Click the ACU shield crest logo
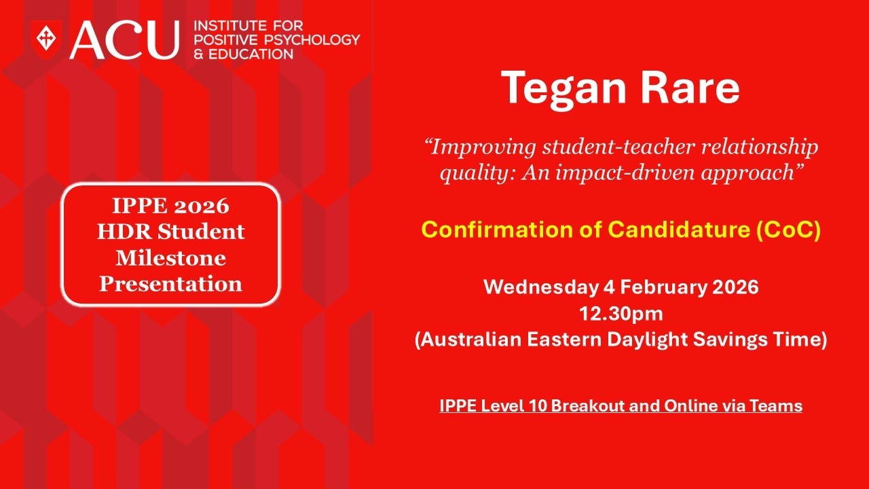[46, 39]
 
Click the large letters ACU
[124, 39]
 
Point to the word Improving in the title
[479, 147]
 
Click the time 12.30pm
[620, 313]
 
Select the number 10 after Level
[538, 406]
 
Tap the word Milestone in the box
[170, 257]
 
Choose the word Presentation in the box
[170, 283]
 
